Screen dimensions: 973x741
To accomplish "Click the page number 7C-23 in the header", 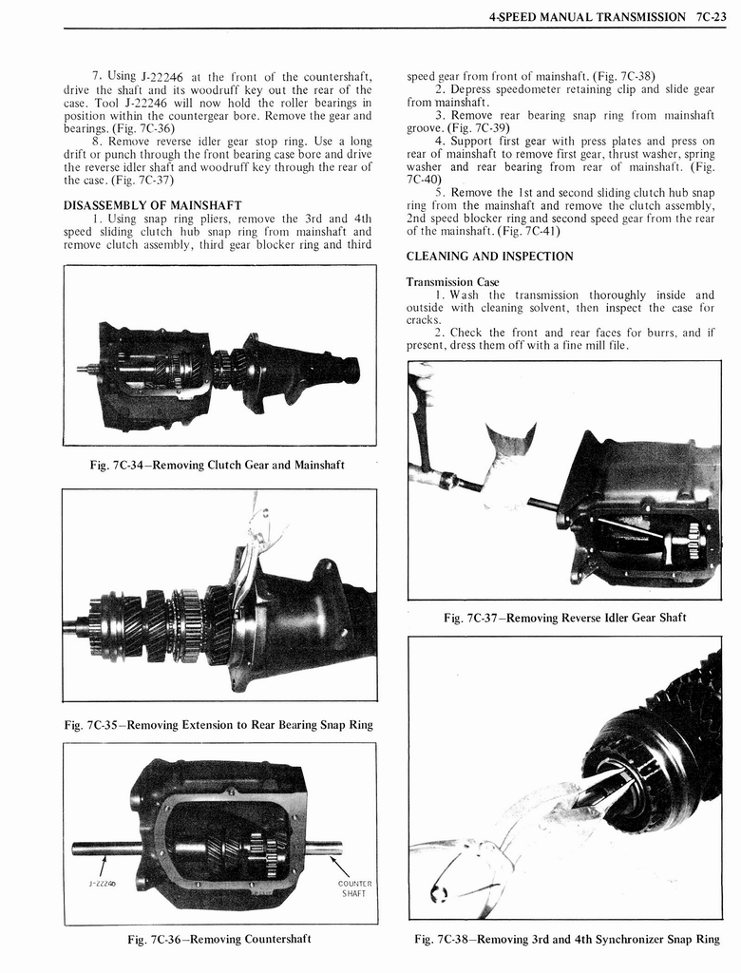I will click(x=710, y=16).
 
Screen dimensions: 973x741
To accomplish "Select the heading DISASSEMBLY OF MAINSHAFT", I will click(x=152, y=205).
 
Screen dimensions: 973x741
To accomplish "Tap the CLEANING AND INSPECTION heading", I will click(x=489, y=257).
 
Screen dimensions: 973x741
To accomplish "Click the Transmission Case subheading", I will click(x=452, y=282).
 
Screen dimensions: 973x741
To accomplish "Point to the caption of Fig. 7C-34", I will click(x=217, y=465).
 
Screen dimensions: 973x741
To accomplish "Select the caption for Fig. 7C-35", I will click(x=218, y=725).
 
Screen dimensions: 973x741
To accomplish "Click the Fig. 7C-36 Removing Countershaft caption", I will click(x=219, y=940).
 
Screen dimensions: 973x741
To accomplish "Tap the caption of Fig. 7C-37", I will click(x=564, y=618).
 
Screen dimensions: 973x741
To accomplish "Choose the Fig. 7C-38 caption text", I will click(x=566, y=940).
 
